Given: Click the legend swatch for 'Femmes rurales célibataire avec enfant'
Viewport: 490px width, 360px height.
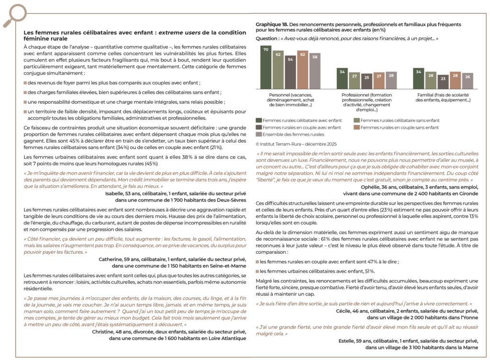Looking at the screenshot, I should (259, 120).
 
